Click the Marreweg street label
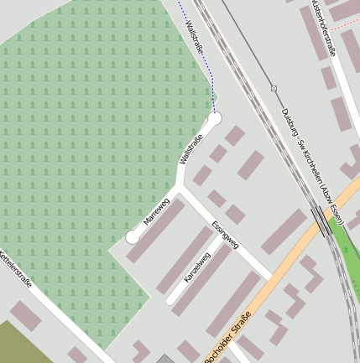[x=157, y=212]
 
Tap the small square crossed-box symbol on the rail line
[x=274, y=88]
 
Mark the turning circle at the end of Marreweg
[x=132, y=237]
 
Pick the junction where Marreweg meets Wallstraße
[x=183, y=190]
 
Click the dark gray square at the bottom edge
[x=164, y=359]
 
